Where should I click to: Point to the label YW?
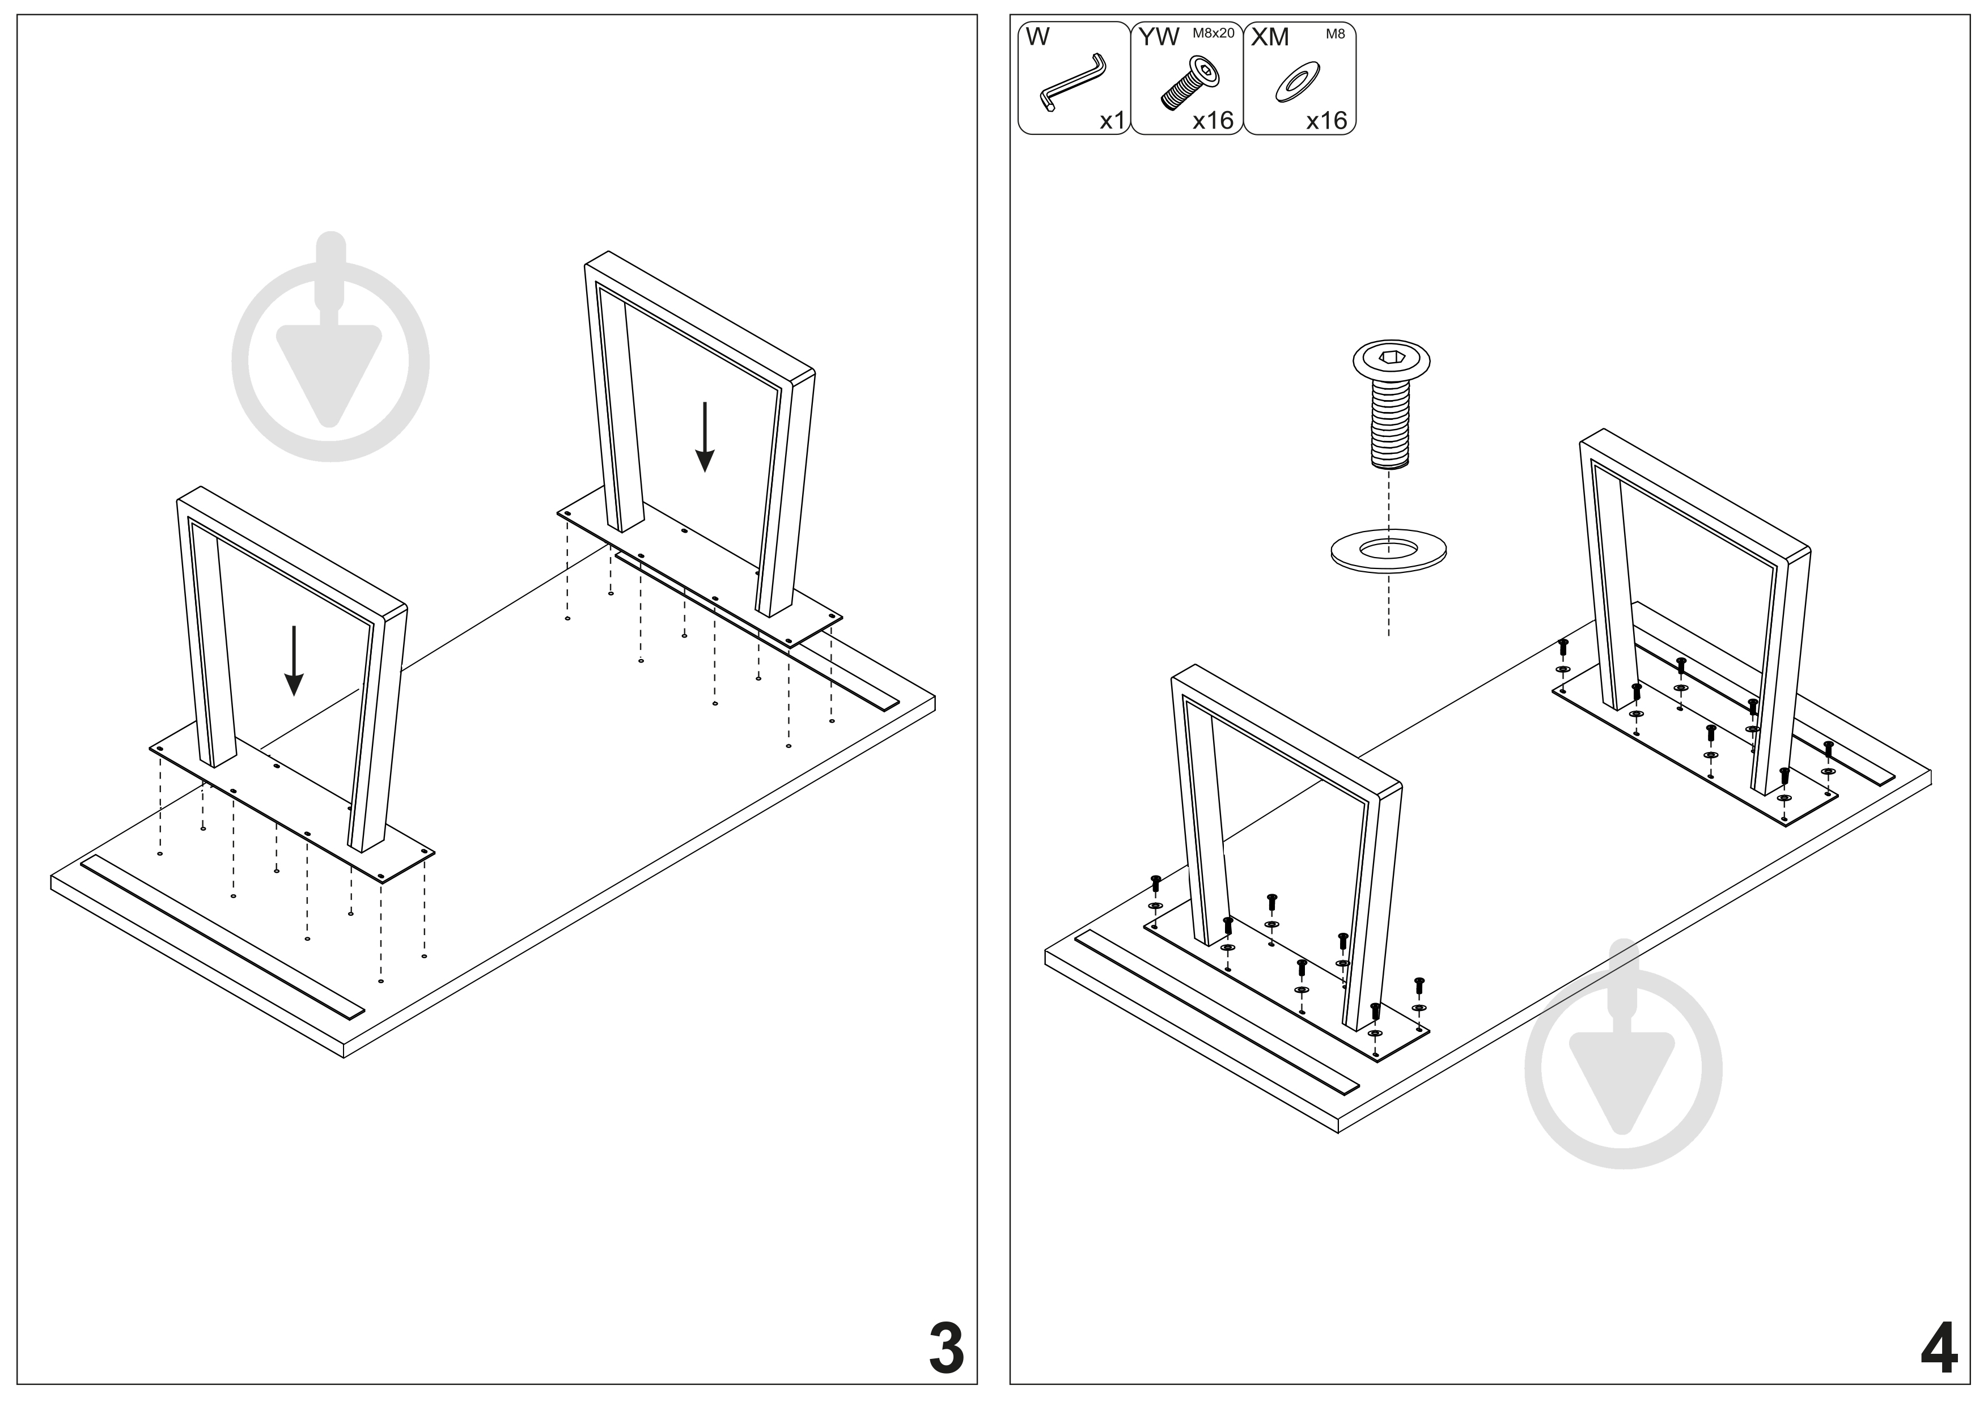tap(1159, 37)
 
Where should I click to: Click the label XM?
tap(1270, 37)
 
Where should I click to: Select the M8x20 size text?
tap(1213, 33)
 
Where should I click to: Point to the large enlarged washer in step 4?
tap(1388, 550)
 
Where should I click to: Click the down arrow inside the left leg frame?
tap(294, 660)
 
